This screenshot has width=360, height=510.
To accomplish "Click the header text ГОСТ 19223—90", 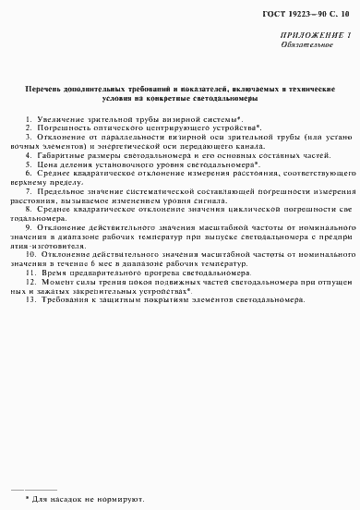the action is pyautogui.click(x=295, y=12).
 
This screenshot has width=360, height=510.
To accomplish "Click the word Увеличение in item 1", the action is pyautogui.click(x=56, y=120).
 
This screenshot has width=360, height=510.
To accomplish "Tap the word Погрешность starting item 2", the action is pyautogui.click(x=58, y=128).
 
